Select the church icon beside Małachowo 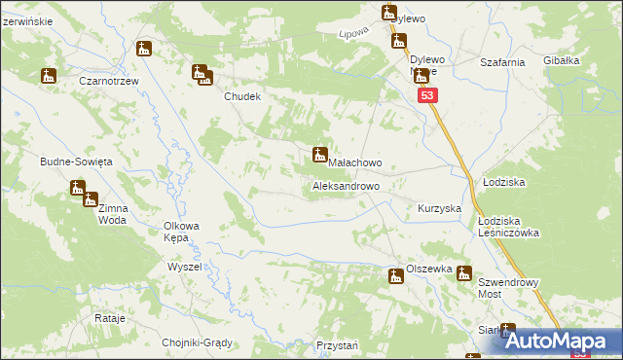pos(318,154)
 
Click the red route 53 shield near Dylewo pos(429,96)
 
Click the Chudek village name pos(243,97)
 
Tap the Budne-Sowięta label pos(77,162)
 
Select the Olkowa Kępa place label pos(181,232)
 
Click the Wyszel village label pos(184,267)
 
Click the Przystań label pos(338,345)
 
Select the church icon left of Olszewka pos(395,277)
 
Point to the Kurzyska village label pos(439,209)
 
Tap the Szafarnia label pos(503,62)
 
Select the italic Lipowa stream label pos(352,33)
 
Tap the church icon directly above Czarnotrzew pos(145,49)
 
